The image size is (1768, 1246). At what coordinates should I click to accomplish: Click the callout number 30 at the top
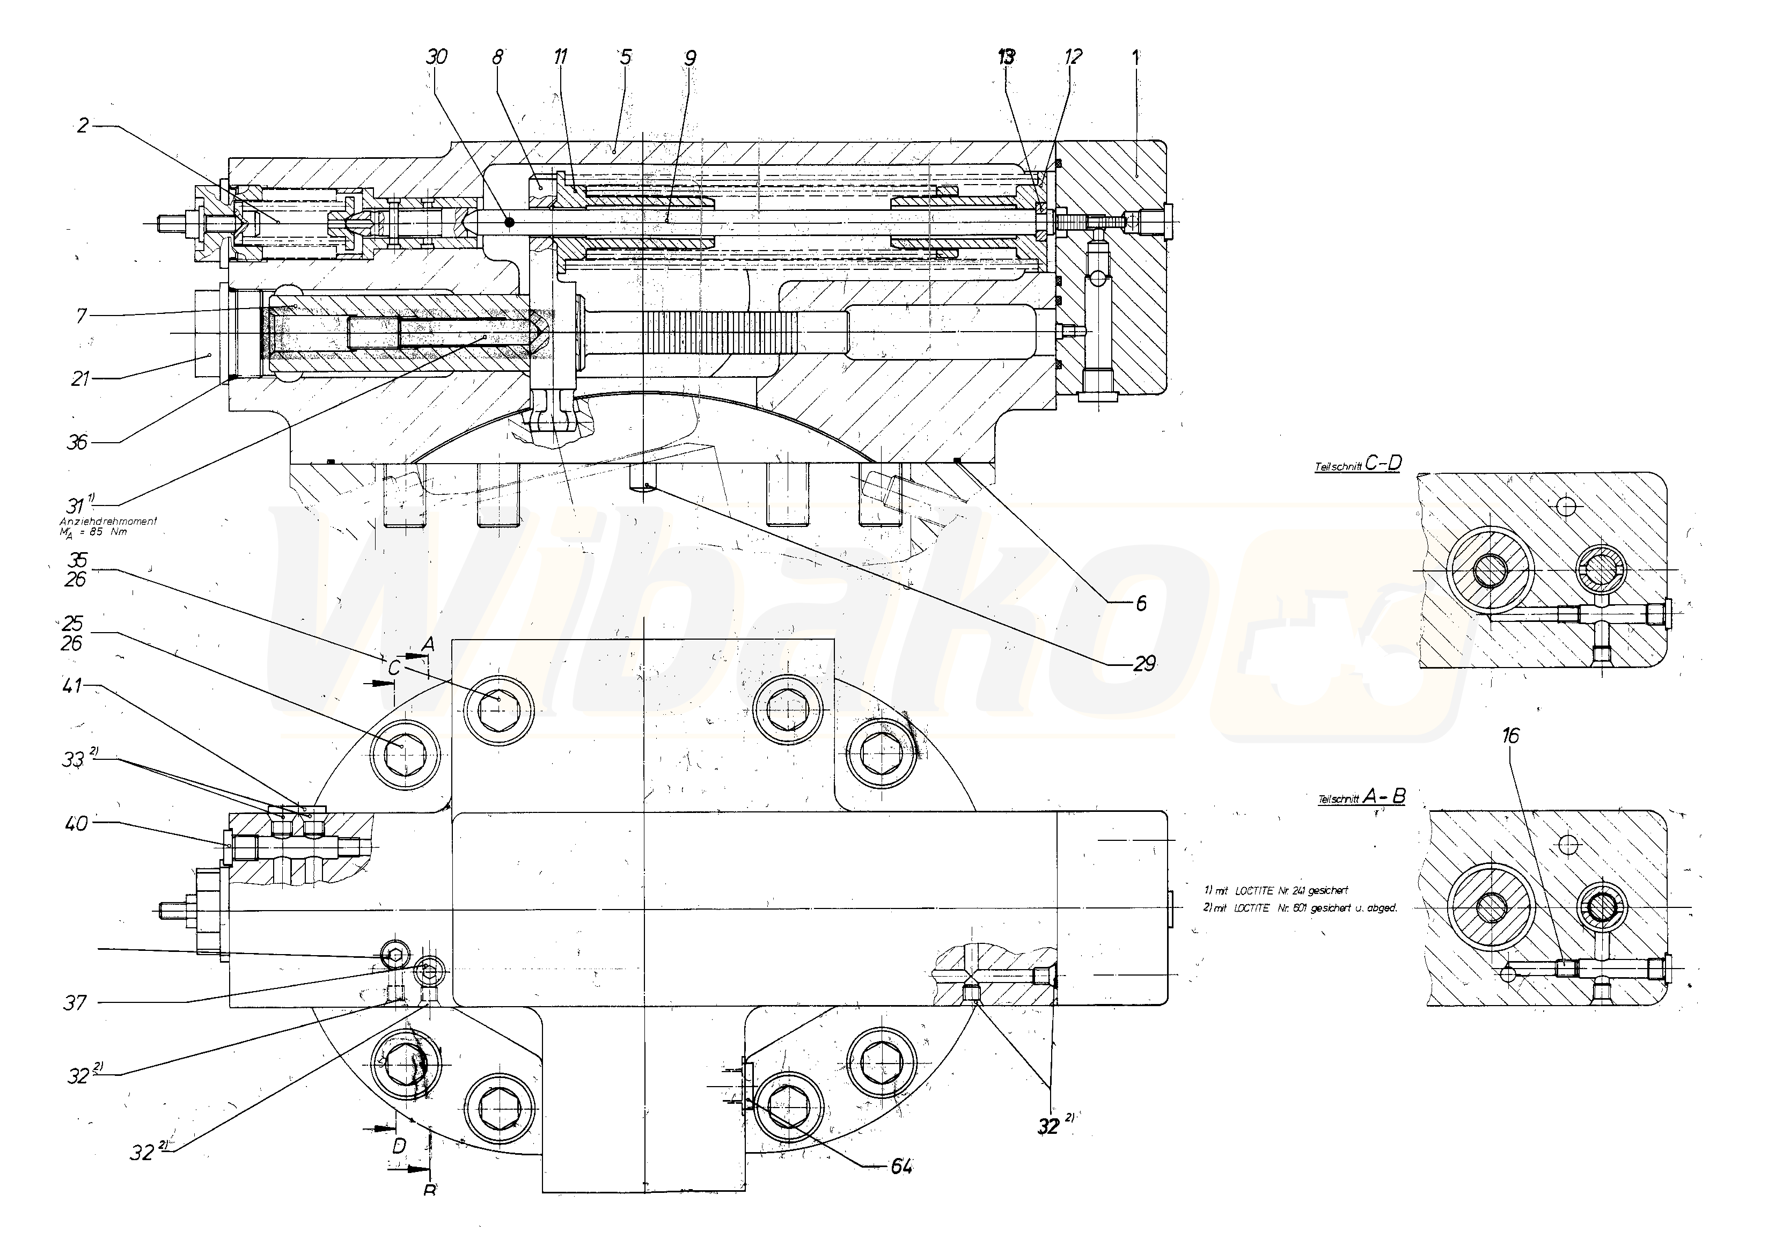[x=437, y=57]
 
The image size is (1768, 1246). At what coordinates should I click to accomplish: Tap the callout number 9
[x=689, y=58]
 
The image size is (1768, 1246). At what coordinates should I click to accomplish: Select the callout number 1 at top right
[x=1135, y=56]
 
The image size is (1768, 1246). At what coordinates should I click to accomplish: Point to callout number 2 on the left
[x=83, y=126]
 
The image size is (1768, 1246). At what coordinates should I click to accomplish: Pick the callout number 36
[x=78, y=442]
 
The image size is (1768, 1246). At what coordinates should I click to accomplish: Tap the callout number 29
[x=1145, y=663]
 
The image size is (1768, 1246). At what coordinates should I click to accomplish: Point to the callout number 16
[x=1510, y=737]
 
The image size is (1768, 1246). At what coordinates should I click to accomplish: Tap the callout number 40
[x=78, y=823]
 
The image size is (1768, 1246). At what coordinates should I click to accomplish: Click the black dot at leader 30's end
[x=509, y=223]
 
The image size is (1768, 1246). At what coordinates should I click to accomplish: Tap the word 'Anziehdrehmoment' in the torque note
[x=108, y=522]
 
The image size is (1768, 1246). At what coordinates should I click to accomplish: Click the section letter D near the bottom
[x=399, y=1146]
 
